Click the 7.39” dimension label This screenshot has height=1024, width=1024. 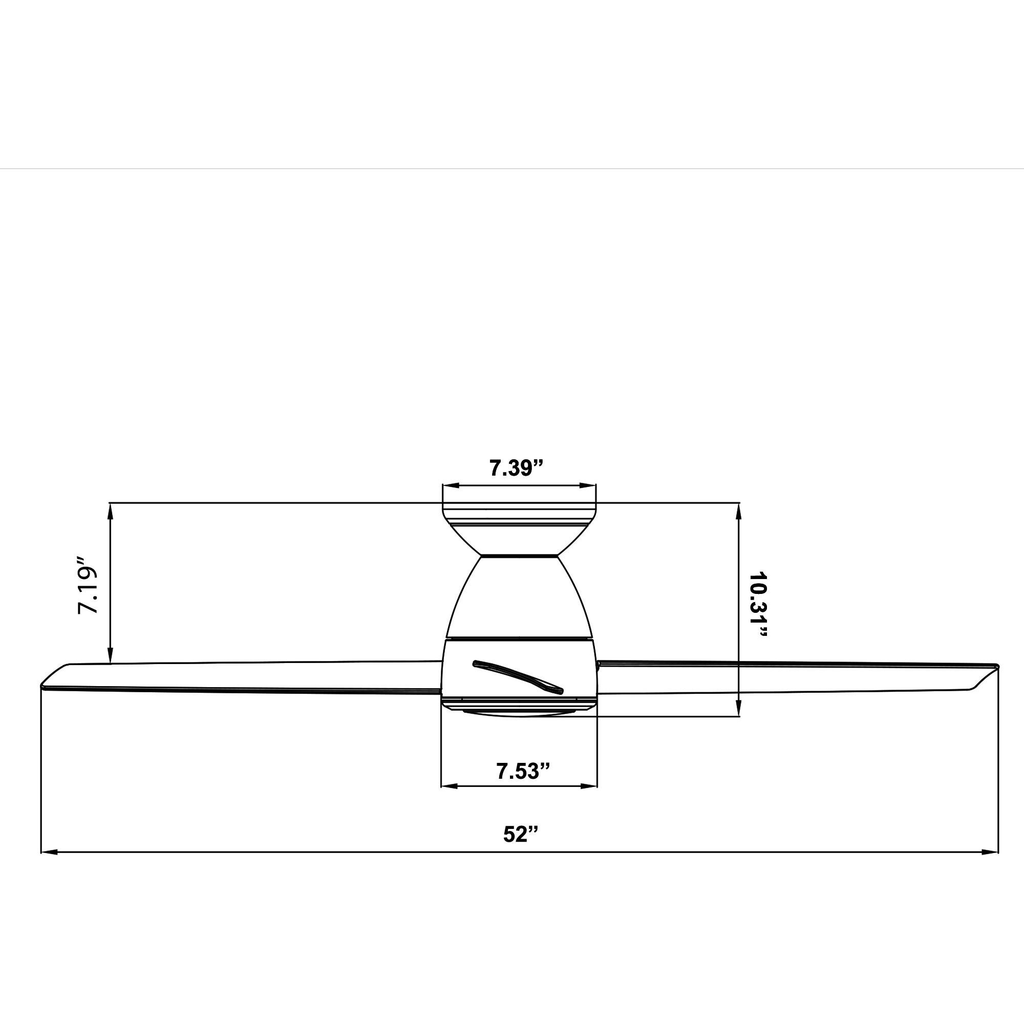(516, 468)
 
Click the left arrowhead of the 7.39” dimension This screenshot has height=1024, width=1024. (450, 485)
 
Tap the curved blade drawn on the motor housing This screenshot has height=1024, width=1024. (518, 676)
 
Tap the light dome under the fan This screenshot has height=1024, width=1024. (518, 712)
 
